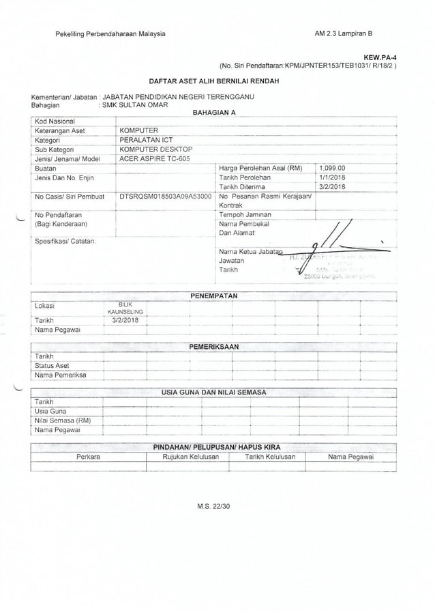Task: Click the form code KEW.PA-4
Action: (x=379, y=58)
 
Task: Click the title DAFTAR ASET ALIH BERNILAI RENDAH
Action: (x=217, y=80)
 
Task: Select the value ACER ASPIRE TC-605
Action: (x=155, y=158)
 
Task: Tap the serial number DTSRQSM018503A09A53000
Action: (x=165, y=196)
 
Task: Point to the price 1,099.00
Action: (x=333, y=168)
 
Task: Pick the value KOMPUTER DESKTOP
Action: (x=156, y=148)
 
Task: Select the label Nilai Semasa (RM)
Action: (x=62, y=420)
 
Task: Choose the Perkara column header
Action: (x=89, y=457)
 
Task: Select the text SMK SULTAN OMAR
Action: (x=135, y=106)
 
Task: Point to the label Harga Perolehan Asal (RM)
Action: (x=260, y=168)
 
